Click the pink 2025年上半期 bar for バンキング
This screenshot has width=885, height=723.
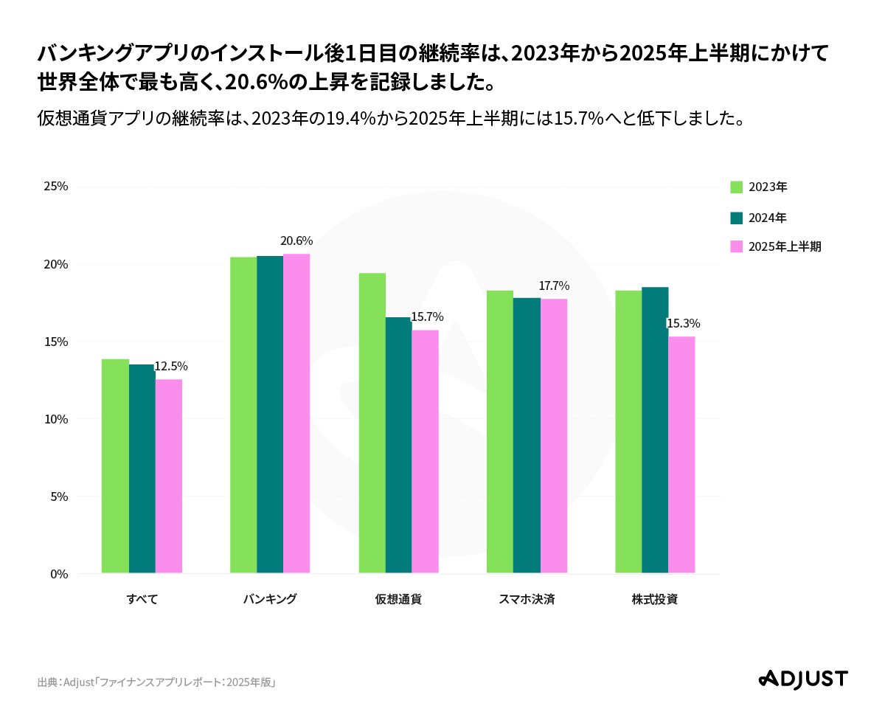click(296, 413)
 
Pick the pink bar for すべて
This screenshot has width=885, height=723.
click(169, 476)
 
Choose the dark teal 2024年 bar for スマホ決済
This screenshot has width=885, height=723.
click(527, 435)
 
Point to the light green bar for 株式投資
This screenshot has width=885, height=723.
click(628, 432)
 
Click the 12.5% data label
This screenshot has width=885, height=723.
click(171, 366)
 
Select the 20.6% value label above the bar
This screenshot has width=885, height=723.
click(296, 241)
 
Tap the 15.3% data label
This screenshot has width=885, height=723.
click(683, 323)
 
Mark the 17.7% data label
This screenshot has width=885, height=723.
click(554, 286)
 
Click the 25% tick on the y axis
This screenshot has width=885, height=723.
click(56, 187)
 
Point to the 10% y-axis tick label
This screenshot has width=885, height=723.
click(56, 419)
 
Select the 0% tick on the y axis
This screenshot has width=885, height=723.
click(59, 574)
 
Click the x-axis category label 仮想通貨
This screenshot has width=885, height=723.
click(398, 599)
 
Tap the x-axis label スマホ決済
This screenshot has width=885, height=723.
click(527, 599)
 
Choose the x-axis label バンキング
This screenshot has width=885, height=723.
click(270, 599)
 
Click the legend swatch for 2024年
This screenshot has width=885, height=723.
click(736, 218)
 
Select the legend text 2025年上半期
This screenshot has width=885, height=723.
click(785, 247)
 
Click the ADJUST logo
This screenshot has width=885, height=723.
click(803, 679)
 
